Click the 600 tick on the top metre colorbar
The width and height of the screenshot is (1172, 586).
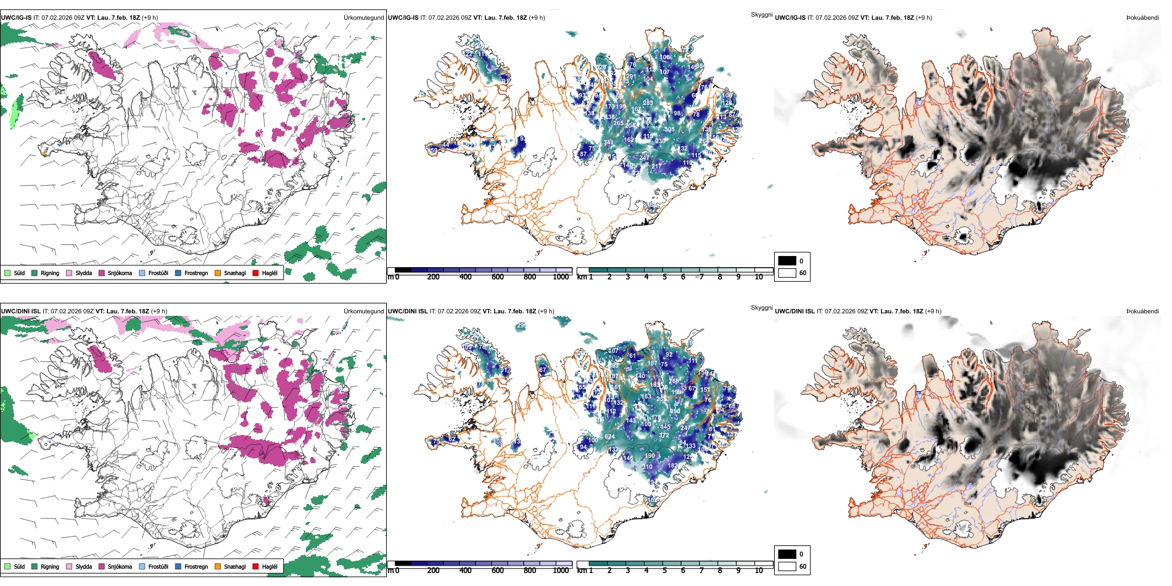click(x=498, y=277)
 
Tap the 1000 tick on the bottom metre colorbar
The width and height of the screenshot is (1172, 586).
click(x=561, y=571)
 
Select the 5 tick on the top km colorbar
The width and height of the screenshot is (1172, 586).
click(x=665, y=277)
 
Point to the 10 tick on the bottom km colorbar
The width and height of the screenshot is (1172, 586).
click(x=759, y=571)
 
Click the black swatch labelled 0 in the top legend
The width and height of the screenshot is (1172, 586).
click(x=787, y=261)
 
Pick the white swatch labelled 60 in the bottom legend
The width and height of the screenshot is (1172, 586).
click(x=787, y=566)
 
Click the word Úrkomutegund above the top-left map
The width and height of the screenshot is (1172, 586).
click(x=363, y=18)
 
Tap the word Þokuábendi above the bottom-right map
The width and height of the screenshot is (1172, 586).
click(x=1142, y=312)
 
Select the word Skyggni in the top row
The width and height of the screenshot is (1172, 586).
click(x=761, y=14)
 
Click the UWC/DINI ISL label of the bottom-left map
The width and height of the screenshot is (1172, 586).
click(x=20, y=312)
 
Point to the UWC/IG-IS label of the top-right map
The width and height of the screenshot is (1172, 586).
click(x=790, y=18)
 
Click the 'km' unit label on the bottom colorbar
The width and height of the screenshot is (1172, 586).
click(x=581, y=571)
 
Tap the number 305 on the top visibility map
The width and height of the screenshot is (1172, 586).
click(x=669, y=130)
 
